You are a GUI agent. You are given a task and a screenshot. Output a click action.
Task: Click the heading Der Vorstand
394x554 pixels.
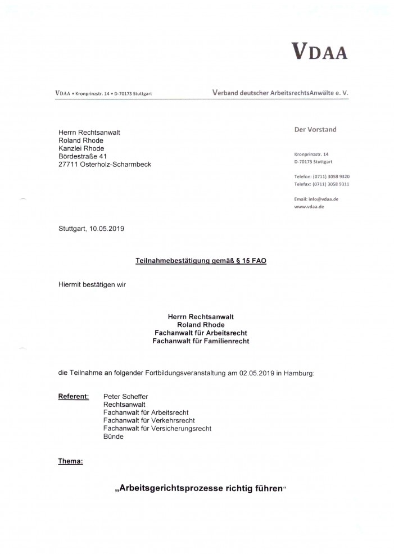315,129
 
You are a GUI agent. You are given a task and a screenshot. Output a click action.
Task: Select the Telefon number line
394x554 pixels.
322,176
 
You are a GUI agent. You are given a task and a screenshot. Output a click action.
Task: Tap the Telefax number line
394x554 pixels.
322,184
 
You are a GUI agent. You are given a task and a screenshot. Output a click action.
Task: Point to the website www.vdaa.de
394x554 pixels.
309,207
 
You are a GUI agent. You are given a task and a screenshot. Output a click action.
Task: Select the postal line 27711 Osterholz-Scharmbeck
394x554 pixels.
105,164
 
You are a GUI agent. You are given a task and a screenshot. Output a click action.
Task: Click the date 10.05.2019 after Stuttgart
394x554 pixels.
107,229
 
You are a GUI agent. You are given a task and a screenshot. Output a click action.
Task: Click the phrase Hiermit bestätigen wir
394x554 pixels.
92,284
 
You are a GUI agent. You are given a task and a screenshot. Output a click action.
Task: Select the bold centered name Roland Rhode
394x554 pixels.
200,325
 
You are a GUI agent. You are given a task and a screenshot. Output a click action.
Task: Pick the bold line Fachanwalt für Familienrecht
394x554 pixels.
200,340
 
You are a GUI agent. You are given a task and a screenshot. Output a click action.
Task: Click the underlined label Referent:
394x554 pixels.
73,397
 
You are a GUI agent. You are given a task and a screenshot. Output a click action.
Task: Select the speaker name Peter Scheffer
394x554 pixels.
126,397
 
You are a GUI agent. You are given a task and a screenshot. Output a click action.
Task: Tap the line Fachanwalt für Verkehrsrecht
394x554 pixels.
149,420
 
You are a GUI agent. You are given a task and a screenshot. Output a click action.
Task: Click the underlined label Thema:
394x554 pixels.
70,461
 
